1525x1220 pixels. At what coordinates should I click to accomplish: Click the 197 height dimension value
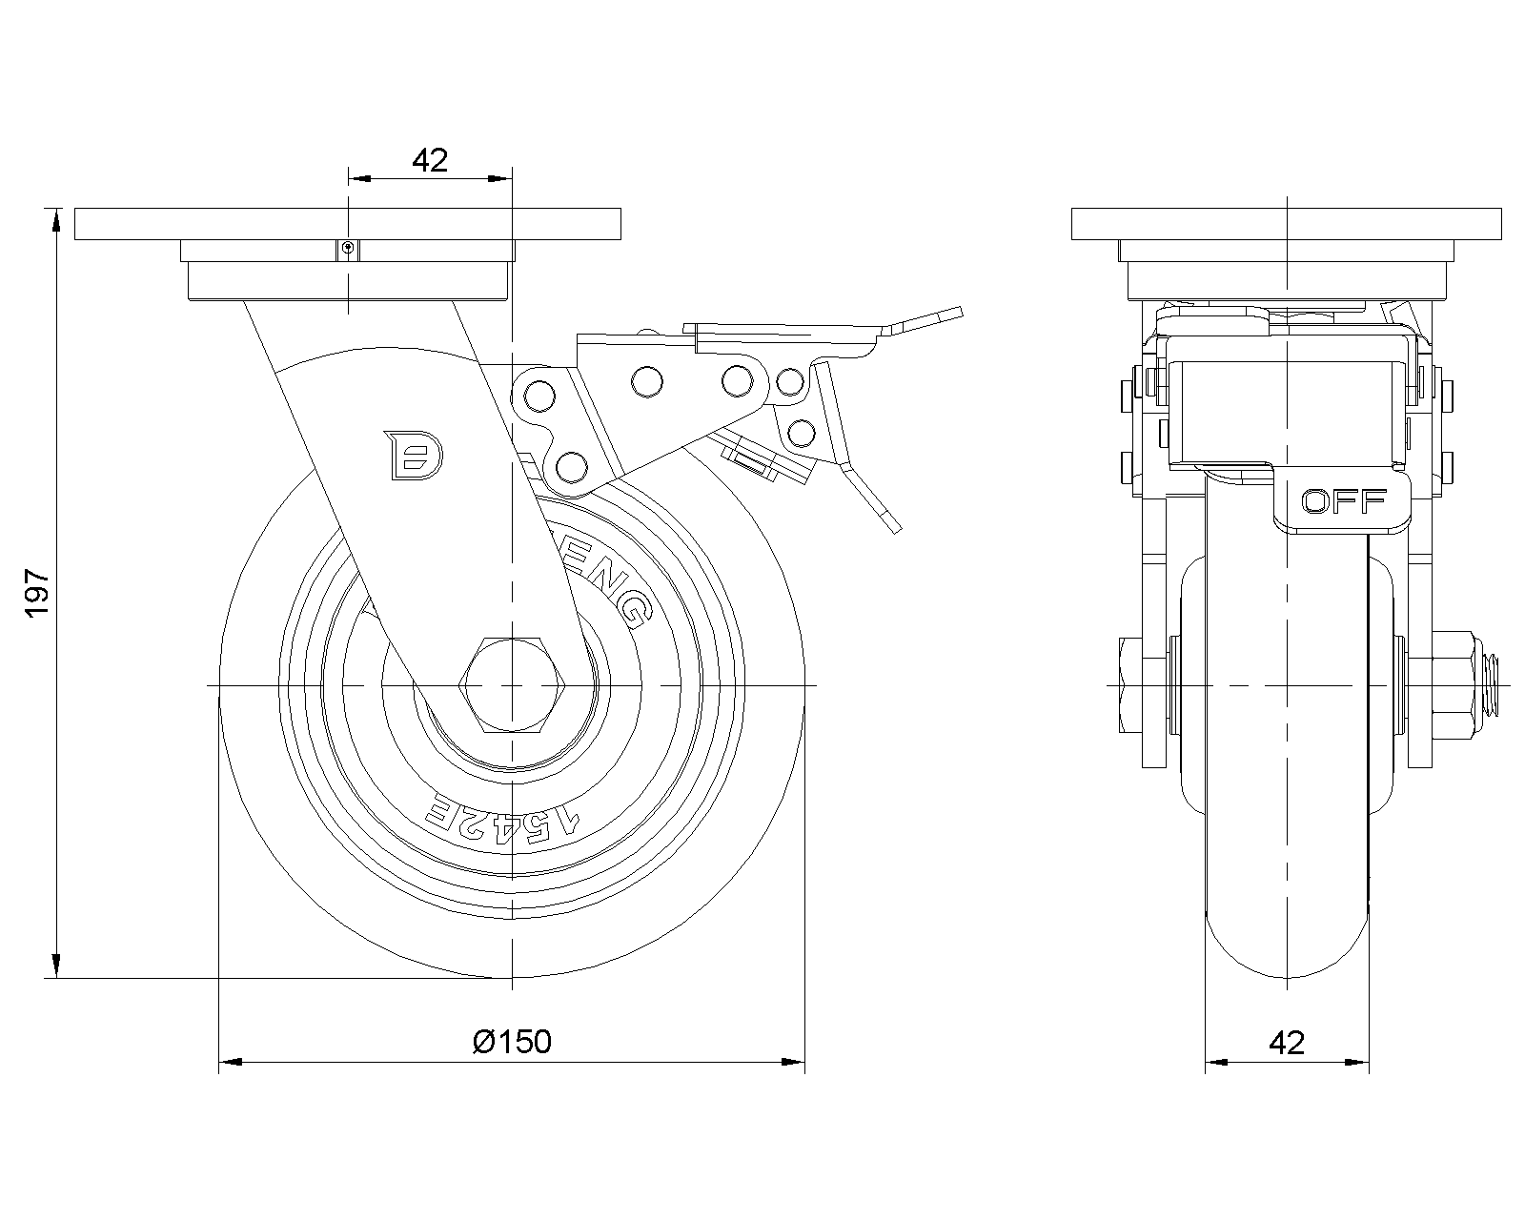point(36,593)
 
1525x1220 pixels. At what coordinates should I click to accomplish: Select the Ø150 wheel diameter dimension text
point(512,1042)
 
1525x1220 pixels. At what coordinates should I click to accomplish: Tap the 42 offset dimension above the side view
point(430,160)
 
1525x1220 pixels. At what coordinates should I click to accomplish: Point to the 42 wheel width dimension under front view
point(1287,1042)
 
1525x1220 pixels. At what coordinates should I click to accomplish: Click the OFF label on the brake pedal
point(1344,501)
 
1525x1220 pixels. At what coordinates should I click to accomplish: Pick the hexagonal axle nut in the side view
point(513,685)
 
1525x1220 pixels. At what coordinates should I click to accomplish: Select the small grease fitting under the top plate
point(349,250)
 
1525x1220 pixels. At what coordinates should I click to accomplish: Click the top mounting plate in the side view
point(348,224)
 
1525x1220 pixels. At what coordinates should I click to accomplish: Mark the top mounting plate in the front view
point(1287,224)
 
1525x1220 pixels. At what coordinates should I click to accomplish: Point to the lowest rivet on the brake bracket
point(570,466)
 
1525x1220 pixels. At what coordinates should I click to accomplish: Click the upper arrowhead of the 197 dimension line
point(57,221)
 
